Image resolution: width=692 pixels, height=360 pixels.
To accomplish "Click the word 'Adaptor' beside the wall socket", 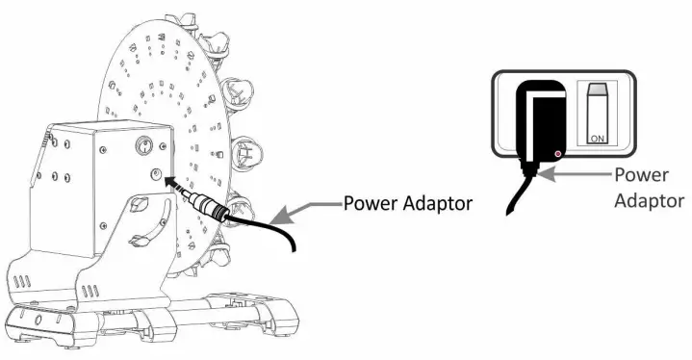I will click(x=647, y=200).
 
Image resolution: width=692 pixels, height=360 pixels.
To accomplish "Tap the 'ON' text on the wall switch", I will click(x=596, y=139).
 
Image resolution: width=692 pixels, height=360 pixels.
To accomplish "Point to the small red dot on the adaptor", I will click(x=559, y=154).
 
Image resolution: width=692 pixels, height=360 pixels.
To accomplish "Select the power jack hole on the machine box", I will click(x=155, y=174).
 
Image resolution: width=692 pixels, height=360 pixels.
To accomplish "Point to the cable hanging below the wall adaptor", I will click(x=515, y=197).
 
